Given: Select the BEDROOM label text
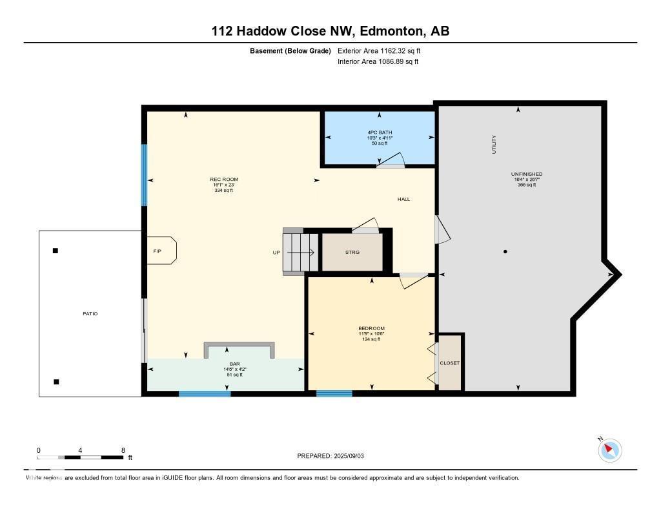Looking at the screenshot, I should point(371,328).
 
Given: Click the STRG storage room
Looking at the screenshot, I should point(352,252).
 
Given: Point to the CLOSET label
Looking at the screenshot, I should point(449,363).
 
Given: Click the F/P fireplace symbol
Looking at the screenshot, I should point(158,251).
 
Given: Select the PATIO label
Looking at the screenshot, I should point(90,313).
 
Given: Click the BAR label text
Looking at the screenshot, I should point(226,364).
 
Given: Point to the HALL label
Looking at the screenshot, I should point(403,199).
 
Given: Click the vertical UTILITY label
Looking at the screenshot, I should point(494,143).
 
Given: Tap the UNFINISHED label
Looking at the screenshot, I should point(526,174).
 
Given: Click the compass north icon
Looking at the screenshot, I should point(609,450).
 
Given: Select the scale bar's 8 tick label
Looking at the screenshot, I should point(123,450).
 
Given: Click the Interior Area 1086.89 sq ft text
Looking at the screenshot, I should point(378,62).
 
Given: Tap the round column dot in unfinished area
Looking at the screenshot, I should point(505,251).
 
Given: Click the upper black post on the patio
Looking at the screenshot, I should point(56,251).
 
